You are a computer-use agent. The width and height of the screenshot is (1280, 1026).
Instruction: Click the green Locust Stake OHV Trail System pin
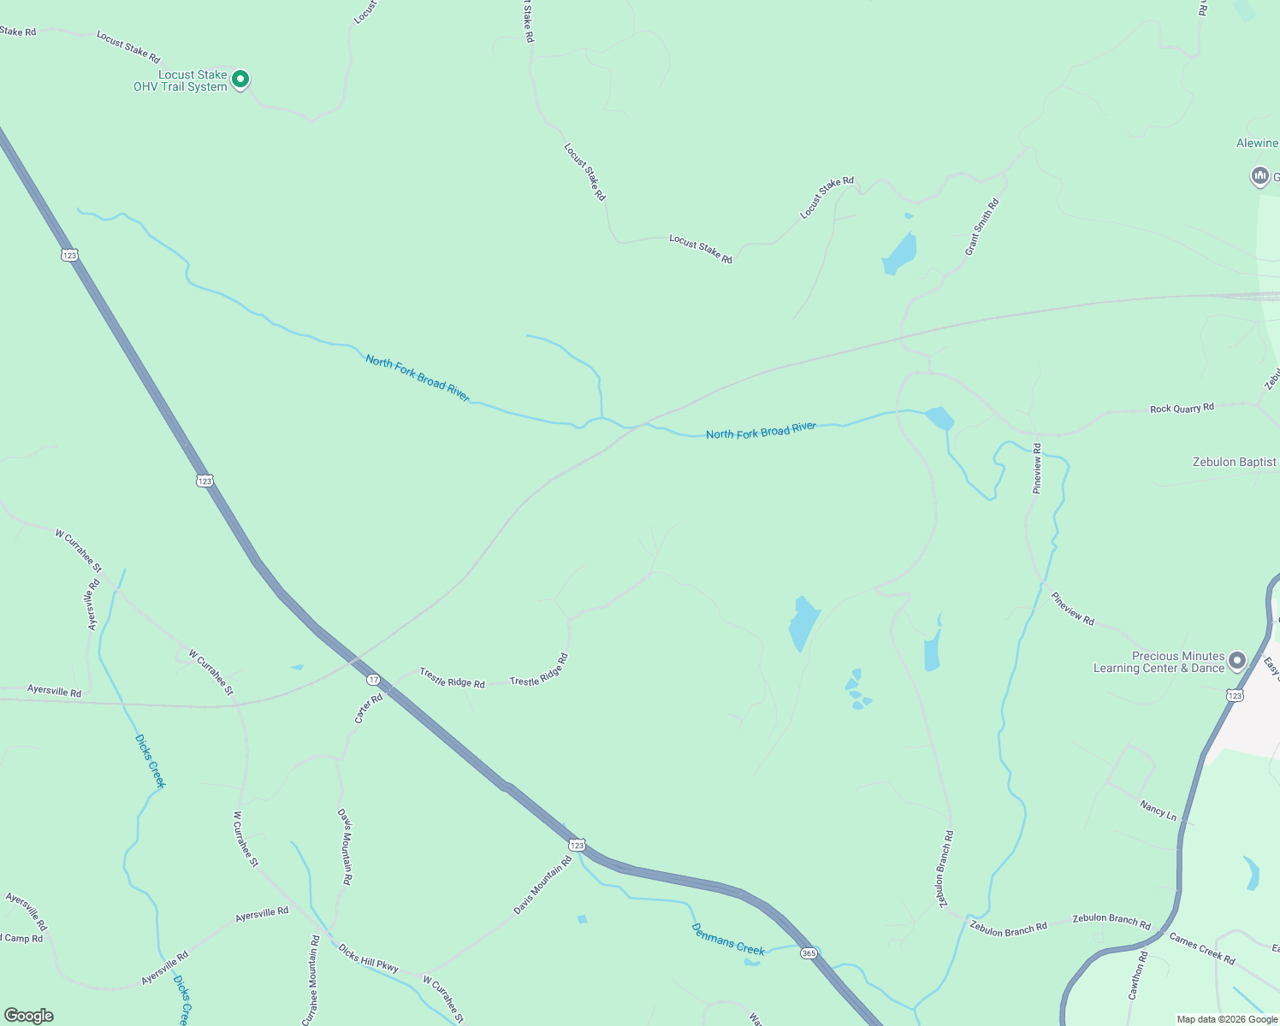pos(240,80)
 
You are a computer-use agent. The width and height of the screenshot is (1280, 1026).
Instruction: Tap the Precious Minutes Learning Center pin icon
pos(1236,661)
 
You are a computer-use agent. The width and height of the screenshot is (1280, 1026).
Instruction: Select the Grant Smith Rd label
pos(981,227)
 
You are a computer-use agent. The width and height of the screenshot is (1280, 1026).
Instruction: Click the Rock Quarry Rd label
pos(1182,409)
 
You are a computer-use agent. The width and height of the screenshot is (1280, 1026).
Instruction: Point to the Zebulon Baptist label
pos(1234,462)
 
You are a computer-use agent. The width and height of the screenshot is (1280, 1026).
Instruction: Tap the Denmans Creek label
pos(727,939)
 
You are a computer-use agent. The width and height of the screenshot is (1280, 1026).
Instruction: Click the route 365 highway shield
pos(809,952)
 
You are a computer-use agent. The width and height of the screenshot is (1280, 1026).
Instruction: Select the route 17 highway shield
pos(373,680)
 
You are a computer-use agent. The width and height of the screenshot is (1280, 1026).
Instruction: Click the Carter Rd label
pos(369,709)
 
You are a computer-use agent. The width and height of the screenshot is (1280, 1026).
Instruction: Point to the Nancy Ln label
pos(1158,810)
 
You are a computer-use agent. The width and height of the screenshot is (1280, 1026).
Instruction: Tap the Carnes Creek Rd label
pos(1201,948)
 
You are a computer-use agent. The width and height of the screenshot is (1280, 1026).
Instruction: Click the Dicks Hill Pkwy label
pos(368,958)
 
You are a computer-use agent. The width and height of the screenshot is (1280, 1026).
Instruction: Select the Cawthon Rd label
pos(1136,976)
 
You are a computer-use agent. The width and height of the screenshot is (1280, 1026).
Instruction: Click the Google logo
pos(29,1015)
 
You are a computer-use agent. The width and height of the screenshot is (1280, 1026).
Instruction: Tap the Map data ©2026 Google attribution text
pos(1227,1019)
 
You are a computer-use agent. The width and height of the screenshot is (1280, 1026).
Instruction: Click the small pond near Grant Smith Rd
pos(900,251)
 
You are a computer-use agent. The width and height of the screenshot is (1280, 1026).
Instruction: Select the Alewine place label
pos(1256,143)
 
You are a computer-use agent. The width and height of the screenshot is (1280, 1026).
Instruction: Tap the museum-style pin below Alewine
pos(1259,177)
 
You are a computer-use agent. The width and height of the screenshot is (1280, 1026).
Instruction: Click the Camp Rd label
pos(23,938)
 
